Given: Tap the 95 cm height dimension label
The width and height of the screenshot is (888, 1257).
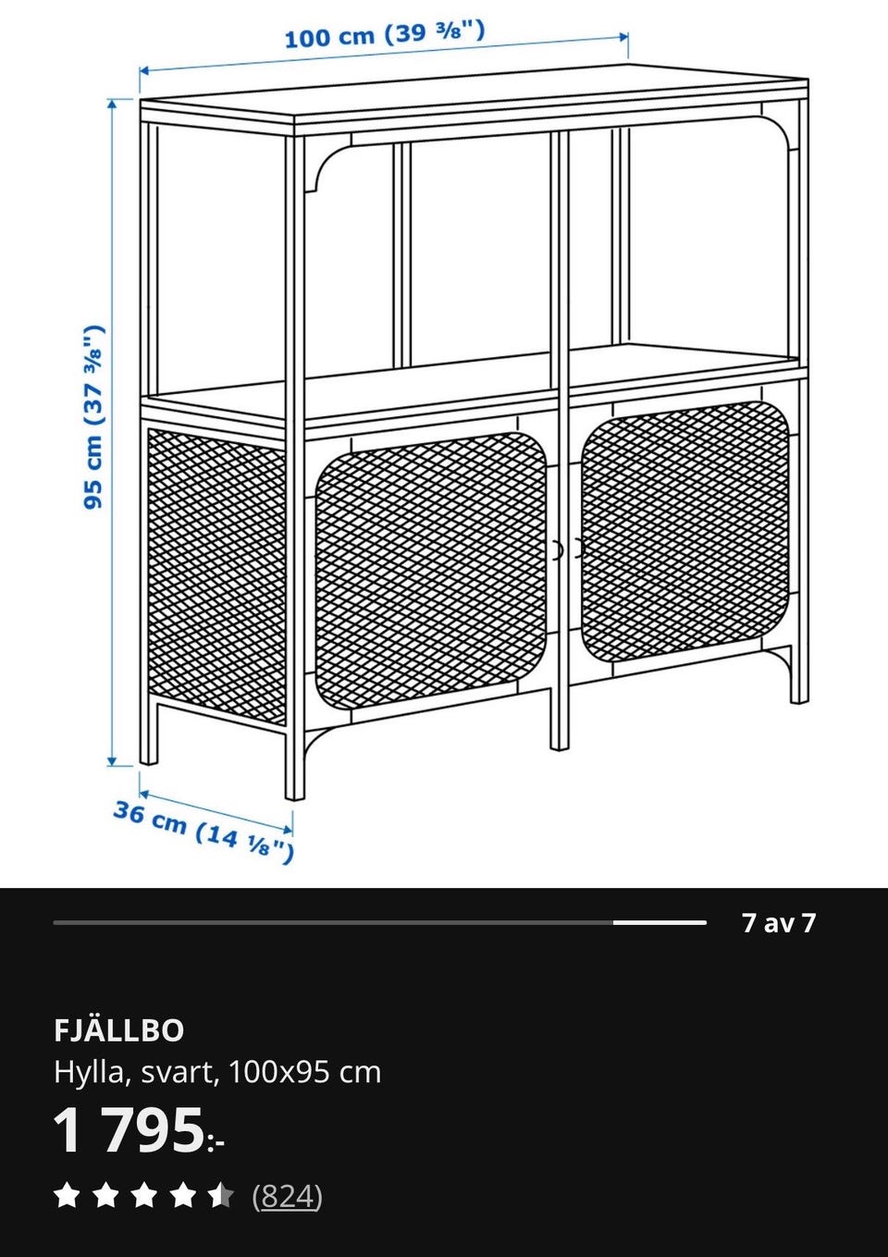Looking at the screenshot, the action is click(94, 417).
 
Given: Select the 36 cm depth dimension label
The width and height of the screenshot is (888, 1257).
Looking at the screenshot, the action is click(203, 832).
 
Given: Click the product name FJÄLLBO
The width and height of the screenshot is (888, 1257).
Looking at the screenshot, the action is click(119, 1031).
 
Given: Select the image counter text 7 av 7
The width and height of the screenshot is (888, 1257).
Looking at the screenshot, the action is click(779, 923).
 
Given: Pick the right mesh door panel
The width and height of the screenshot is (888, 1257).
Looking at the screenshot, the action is click(684, 531).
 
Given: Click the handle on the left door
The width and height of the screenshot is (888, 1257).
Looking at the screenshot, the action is click(557, 549).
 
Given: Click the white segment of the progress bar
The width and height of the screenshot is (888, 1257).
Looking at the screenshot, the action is click(660, 922).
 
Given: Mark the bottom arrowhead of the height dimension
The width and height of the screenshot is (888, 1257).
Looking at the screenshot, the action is click(112, 760).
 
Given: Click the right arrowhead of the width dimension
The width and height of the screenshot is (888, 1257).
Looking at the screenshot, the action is click(623, 37).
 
